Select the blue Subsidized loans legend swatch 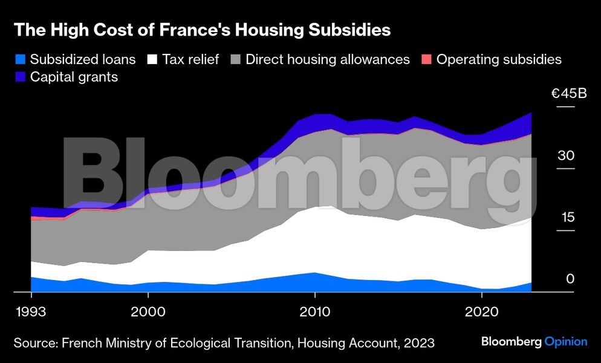[x=19, y=59]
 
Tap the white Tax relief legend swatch [x=153, y=59]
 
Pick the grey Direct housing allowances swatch [x=235, y=59]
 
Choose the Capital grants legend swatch [x=19, y=77]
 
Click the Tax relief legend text [x=191, y=59]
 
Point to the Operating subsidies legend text [x=499, y=59]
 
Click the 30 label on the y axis [x=565, y=155]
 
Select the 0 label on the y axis [x=569, y=279]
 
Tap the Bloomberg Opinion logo [x=534, y=342]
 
